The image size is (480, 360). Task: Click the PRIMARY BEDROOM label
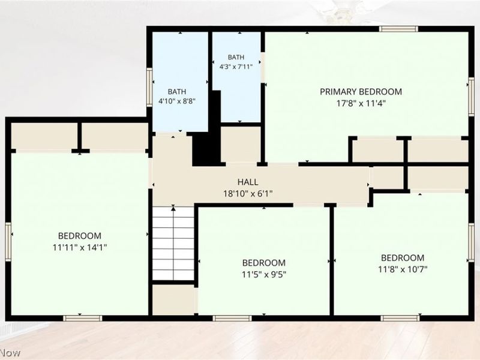point(361,92)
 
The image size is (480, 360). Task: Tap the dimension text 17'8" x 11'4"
point(361,103)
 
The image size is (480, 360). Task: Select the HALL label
point(248,182)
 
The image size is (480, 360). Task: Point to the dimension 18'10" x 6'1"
point(248,194)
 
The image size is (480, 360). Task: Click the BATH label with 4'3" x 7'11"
point(236,57)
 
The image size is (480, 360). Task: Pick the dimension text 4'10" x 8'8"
point(177,101)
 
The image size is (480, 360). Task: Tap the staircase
point(173,244)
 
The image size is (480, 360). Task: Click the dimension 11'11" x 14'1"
point(80,247)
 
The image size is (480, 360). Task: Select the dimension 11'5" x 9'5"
point(264,274)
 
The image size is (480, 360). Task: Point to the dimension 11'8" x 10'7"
point(403,269)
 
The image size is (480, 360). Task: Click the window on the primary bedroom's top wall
point(398,29)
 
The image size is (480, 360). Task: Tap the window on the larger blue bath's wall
point(149,87)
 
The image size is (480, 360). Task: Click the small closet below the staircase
point(173,299)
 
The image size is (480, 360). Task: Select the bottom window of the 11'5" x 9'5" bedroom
point(232,319)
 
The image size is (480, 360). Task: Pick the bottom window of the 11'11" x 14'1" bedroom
point(82,319)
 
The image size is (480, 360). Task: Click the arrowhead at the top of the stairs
point(173,209)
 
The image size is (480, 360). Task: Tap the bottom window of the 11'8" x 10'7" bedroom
point(400,319)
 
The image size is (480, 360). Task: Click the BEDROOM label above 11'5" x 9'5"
point(264,263)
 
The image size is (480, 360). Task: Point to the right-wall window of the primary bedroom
point(472,97)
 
